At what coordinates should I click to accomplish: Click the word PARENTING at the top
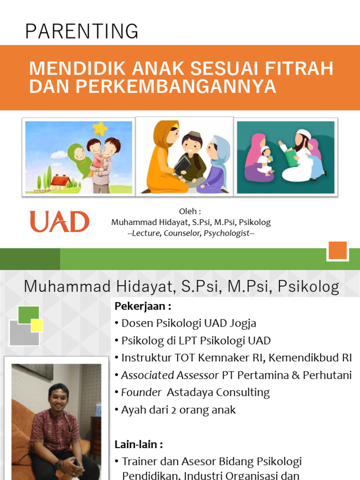pos(82,31)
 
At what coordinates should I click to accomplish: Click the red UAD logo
pos(60,222)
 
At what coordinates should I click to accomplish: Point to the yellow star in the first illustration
pos(99,128)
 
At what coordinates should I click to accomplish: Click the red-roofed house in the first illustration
pos(60,180)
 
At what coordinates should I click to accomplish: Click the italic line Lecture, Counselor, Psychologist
pos(191,233)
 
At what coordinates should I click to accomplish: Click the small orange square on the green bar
pos(337,251)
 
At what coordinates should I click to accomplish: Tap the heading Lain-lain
pos(139,444)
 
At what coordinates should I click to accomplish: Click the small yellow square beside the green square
pos(37,325)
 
